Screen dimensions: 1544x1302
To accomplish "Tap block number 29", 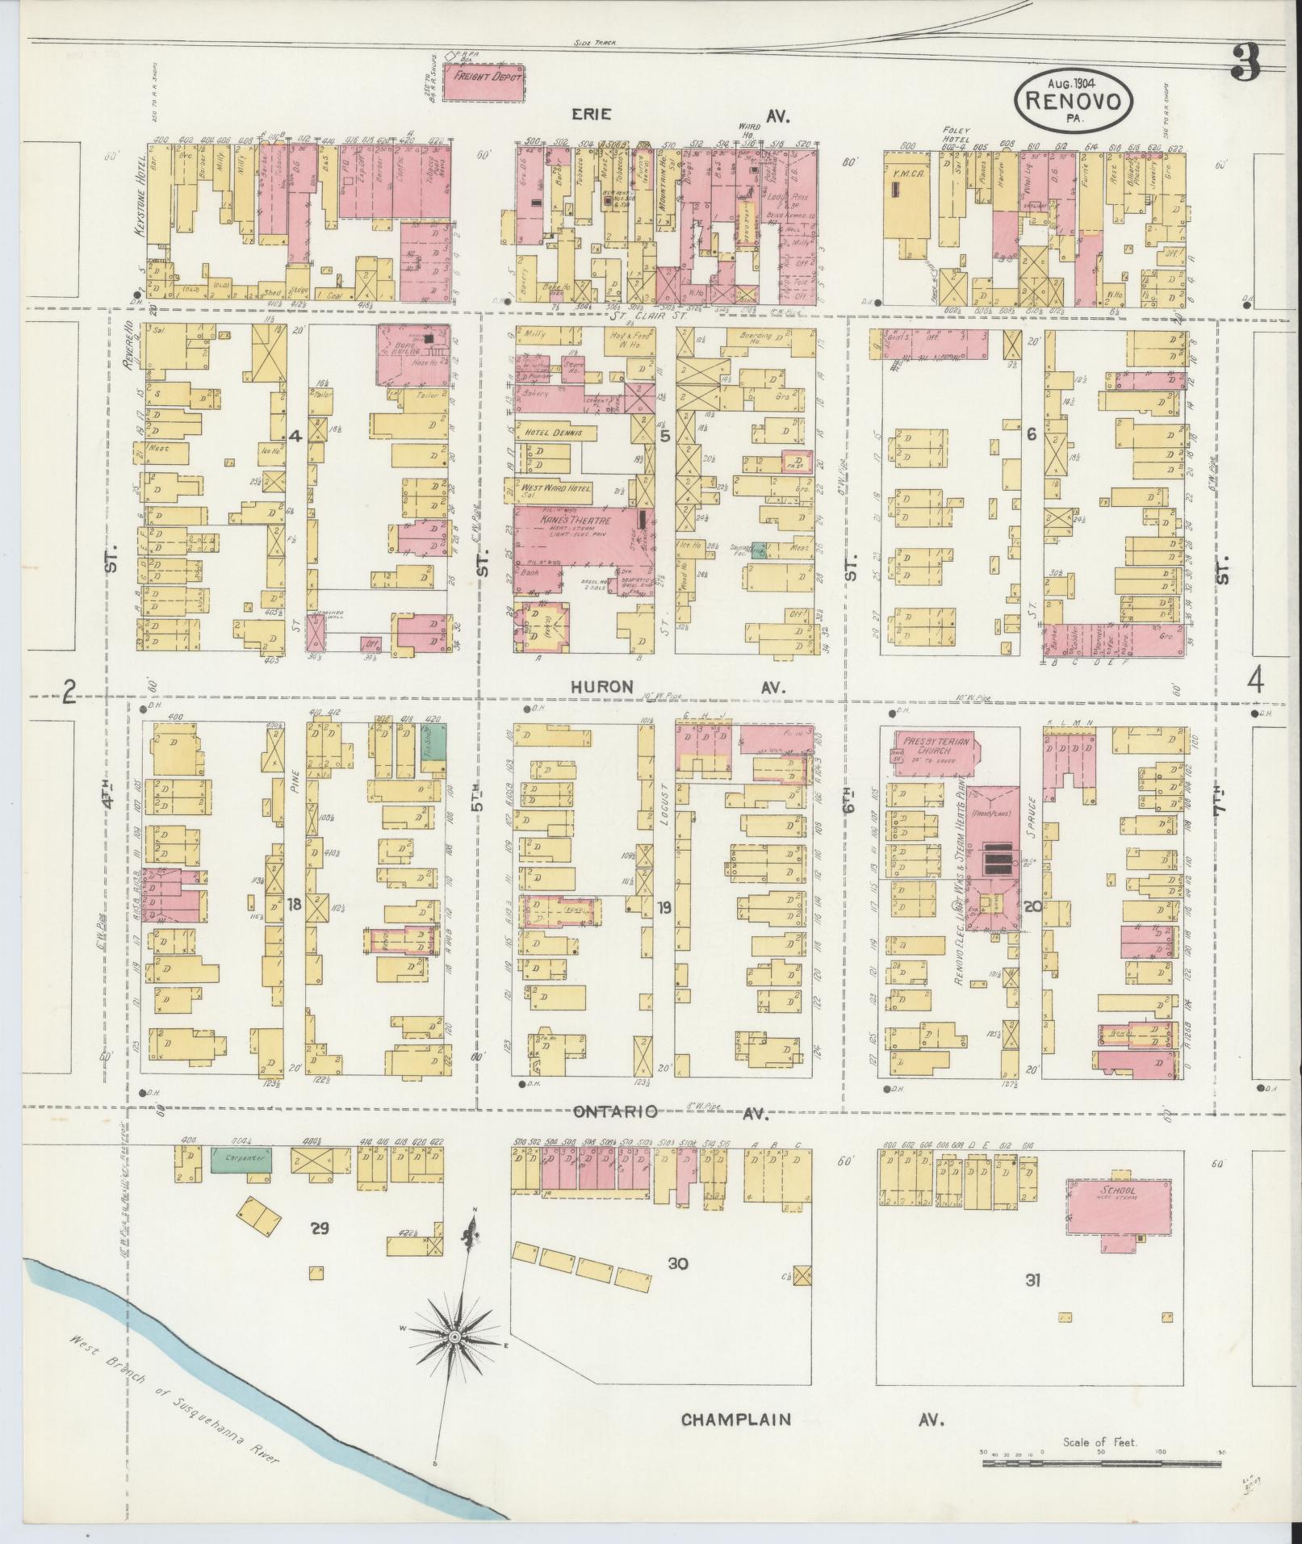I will pos(320,1228).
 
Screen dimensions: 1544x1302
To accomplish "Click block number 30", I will pos(677,1263).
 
